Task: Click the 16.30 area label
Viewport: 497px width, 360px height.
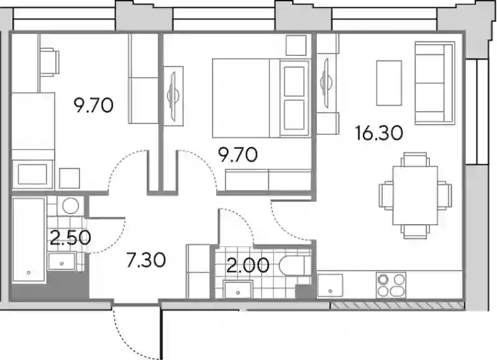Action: point(379,133)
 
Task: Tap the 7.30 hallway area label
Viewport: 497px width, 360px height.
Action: point(146,260)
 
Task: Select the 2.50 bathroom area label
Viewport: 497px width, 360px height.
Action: point(70,238)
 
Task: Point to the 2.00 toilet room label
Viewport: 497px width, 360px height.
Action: point(248,265)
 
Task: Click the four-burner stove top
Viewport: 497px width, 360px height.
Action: point(391,285)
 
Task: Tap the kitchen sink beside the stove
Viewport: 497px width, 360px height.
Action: point(331,286)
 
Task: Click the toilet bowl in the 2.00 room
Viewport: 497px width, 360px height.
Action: point(292,265)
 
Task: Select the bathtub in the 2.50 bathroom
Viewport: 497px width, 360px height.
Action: point(29,240)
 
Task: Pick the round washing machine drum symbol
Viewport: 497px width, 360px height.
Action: point(70,206)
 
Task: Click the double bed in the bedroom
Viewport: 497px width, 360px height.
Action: point(260,98)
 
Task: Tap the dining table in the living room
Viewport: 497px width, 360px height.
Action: point(415,196)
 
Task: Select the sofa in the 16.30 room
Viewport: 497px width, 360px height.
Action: point(434,83)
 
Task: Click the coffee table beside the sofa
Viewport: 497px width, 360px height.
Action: point(389,83)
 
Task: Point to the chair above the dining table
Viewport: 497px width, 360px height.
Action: point(415,160)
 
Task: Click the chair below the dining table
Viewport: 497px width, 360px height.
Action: point(415,232)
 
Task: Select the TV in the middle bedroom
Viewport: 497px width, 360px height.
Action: point(173,96)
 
